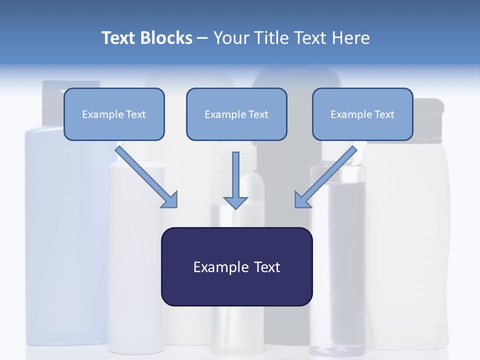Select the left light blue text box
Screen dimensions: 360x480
(x=114, y=114)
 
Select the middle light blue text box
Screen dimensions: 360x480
(x=236, y=114)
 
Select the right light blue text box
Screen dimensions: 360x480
(x=362, y=114)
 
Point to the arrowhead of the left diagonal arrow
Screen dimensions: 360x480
(x=170, y=200)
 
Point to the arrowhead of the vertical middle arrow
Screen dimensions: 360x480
(x=235, y=202)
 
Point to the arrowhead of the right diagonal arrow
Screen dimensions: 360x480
(x=302, y=200)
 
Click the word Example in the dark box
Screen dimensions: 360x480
(x=221, y=267)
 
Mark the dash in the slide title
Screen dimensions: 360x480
(x=202, y=38)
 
